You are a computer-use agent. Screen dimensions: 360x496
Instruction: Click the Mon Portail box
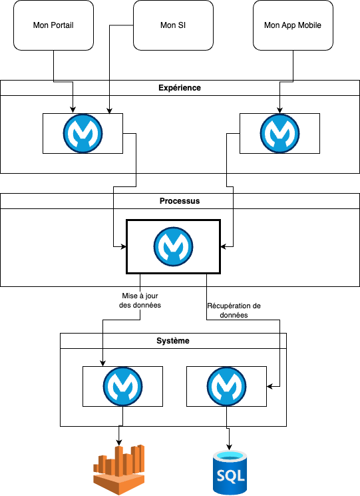[53, 25]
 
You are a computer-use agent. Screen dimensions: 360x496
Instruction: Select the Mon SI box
[173, 25]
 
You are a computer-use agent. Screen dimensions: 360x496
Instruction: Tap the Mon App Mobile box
[293, 25]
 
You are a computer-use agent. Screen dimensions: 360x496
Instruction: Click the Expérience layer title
[180, 88]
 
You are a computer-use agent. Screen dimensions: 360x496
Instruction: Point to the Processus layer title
[180, 201]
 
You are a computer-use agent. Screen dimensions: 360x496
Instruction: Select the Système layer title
[173, 341]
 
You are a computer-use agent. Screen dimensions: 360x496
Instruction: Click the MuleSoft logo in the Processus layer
[173, 246]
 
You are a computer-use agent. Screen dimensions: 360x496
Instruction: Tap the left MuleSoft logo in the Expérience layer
[83, 134]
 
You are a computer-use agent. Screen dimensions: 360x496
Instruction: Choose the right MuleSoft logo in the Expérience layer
[279, 134]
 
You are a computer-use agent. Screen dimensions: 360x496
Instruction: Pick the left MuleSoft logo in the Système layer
[122, 386]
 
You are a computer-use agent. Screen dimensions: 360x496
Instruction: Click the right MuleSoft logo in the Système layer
[227, 386]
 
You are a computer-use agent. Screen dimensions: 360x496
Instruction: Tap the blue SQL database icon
[230, 472]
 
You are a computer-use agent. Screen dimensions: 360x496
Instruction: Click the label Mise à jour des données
[140, 300]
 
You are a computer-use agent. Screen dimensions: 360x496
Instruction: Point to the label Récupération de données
[234, 310]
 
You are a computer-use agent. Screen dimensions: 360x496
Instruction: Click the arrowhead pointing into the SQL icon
[229, 447]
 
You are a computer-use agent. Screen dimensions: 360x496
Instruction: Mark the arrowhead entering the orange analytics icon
[119, 442]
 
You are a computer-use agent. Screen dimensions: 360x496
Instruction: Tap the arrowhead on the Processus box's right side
[224, 246]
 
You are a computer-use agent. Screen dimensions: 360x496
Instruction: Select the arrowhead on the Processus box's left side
[123, 246]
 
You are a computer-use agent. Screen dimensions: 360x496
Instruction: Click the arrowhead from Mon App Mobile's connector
[279, 111]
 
